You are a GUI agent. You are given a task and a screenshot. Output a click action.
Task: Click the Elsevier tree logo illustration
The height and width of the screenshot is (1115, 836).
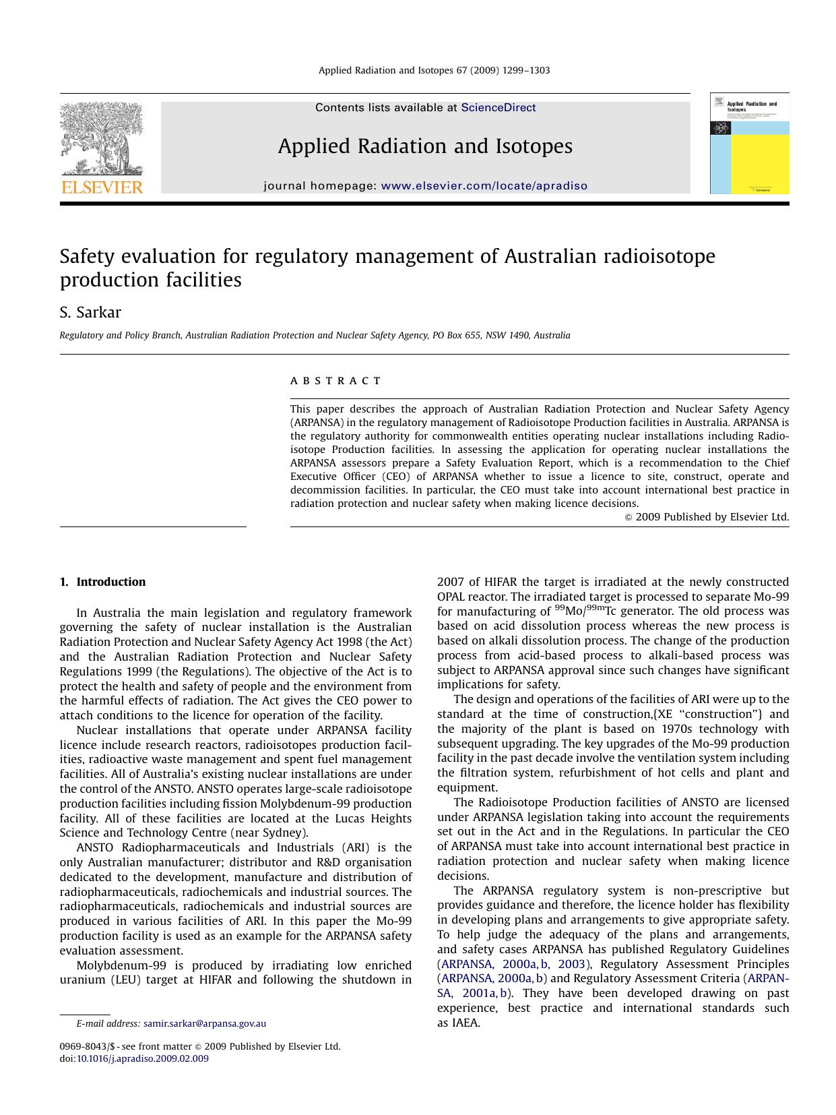click(101, 138)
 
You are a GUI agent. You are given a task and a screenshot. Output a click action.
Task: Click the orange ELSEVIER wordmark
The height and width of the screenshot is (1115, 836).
click(102, 187)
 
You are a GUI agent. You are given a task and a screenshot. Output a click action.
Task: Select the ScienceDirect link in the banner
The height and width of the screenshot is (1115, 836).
click(498, 108)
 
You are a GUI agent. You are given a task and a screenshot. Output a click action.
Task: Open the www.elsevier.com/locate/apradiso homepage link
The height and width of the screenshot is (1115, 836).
click(484, 186)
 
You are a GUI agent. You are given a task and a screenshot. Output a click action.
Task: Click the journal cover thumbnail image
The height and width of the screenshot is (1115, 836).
click(749, 144)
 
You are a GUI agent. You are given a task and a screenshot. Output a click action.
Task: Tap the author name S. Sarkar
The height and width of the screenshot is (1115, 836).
click(90, 313)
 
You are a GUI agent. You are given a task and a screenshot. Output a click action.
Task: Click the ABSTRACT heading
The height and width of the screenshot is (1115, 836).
click(335, 381)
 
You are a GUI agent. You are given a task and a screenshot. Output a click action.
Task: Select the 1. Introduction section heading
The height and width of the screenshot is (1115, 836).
click(102, 582)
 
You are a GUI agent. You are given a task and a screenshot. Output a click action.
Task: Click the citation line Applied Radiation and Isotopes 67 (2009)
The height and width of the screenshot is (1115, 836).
click(434, 70)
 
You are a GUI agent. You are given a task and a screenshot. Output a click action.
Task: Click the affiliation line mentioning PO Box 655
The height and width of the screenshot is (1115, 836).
click(315, 335)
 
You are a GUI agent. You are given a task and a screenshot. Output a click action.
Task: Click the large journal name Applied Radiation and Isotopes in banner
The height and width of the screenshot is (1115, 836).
click(425, 146)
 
